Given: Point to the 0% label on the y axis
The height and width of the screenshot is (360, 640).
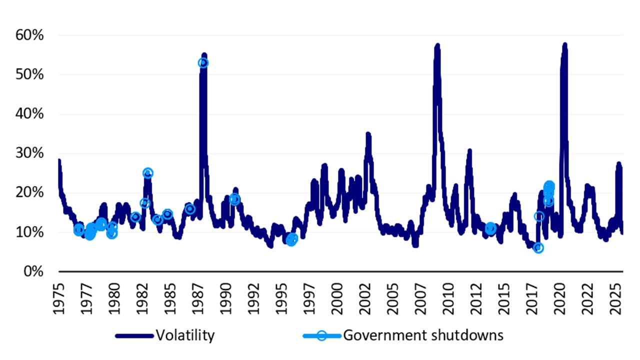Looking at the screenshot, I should [x=34, y=271].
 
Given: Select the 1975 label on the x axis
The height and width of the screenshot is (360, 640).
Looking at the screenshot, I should [x=59, y=297].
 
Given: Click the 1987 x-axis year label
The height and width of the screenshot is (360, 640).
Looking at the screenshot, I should [x=199, y=297].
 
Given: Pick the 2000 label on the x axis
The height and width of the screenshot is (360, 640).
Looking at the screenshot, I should [x=338, y=297].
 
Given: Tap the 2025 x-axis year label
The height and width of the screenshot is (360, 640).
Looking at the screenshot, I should [x=618, y=297].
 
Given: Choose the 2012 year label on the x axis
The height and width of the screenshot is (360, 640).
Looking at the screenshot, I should [x=478, y=297].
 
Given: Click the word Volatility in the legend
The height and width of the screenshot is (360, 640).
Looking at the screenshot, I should [x=185, y=335].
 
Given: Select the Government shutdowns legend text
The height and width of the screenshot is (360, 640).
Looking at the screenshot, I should [x=423, y=335].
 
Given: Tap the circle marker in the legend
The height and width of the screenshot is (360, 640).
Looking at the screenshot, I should [x=321, y=335].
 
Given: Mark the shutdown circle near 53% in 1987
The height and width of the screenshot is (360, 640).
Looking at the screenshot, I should [x=203, y=63].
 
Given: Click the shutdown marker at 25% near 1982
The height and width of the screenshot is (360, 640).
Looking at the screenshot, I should [x=147, y=173].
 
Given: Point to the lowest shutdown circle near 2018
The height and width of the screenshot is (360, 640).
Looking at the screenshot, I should [x=538, y=248].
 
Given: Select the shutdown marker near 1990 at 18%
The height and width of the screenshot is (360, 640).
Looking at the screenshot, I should [x=234, y=199].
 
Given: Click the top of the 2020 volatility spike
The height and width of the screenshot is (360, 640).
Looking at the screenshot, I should [x=565, y=45].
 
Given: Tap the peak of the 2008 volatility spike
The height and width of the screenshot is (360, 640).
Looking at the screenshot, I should [x=437, y=46].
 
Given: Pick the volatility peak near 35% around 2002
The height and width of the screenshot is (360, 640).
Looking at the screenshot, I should [x=368, y=134].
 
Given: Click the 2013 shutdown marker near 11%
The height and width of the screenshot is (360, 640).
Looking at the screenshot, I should [x=490, y=228].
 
